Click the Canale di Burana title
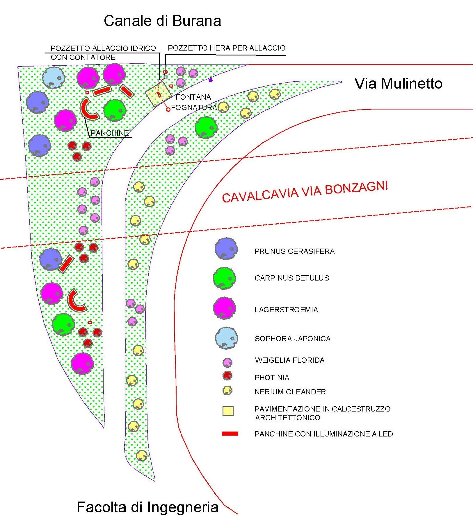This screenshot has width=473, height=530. (162, 21)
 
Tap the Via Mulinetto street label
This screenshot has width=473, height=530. (399, 84)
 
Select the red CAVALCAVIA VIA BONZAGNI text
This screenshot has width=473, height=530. (305, 192)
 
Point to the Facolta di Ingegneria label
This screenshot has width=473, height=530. (147, 507)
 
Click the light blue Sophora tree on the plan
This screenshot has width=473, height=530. (54, 78)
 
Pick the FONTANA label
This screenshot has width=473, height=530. (193, 97)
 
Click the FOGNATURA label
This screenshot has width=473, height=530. (194, 108)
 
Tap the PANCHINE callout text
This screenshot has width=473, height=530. (110, 133)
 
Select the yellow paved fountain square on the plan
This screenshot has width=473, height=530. (158, 94)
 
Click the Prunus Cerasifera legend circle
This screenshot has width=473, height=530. (226, 249)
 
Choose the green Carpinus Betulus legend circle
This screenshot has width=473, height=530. (224, 278)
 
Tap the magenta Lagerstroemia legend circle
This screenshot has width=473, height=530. (224, 308)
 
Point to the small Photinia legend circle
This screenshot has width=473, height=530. (227, 376)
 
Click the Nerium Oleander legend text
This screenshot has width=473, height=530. (290, 392)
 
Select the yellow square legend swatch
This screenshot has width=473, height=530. (228, 411)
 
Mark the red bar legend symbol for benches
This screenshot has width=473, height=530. (230, 434)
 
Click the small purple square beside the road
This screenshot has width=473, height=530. (211, 80)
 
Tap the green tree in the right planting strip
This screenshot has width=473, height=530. (206, 127)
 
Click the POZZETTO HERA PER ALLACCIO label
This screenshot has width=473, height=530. (227, 48)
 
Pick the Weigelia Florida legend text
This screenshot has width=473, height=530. (289, 360)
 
